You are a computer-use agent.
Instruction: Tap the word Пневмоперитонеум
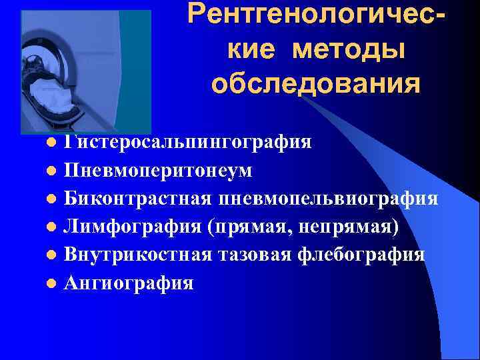[x=158, y=171]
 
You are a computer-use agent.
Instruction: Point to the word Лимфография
[x=132, y=227]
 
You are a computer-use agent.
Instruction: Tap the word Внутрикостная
[x=138, y=255]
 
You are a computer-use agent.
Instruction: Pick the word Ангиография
[x=129, y=283]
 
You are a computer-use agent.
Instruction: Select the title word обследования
[x=315, y=85]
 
